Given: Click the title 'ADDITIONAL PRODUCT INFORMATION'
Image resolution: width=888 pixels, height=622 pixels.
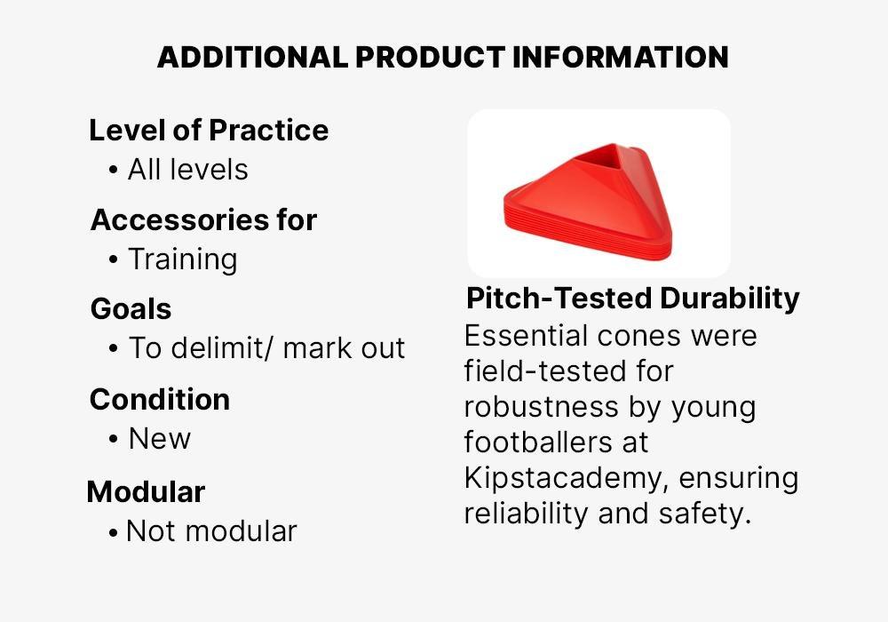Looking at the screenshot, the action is point(443,57).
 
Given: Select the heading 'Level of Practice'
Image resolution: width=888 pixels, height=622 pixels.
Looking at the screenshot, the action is point(209,131).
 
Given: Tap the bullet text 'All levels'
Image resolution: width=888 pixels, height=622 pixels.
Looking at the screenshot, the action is point(188,170).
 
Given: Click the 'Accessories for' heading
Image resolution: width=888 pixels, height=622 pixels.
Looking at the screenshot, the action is point(204,219).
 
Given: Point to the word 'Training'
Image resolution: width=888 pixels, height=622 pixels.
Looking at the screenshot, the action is point(183,260).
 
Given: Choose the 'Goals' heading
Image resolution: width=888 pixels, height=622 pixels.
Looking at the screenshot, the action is point(131,309).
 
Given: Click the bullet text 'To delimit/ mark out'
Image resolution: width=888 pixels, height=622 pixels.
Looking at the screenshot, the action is point(266,347).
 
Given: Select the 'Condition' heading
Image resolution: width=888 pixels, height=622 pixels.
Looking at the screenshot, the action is point(160,399).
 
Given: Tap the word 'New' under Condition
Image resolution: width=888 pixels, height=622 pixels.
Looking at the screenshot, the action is point(160,438).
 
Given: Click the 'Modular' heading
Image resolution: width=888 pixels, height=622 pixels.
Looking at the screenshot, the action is point(147,491).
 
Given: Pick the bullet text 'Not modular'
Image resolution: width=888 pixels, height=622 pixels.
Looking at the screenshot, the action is point(212,531).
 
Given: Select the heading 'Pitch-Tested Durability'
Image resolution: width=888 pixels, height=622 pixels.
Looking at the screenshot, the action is point(632,298).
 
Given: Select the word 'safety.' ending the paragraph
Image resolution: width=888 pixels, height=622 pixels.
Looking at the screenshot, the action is point(705,514).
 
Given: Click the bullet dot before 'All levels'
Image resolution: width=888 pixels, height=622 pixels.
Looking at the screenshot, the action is point(114,170).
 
